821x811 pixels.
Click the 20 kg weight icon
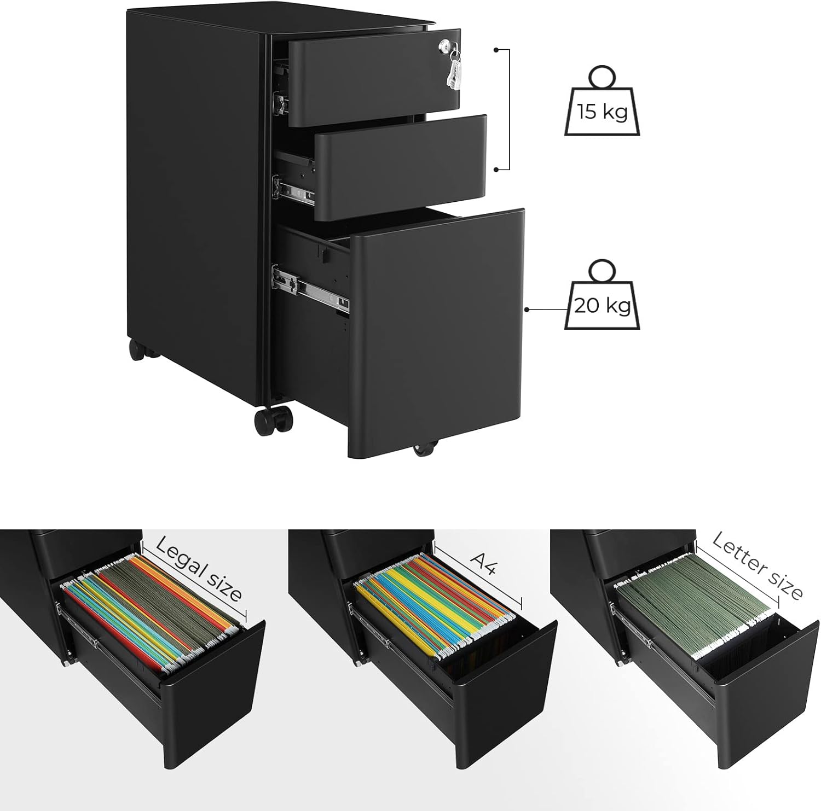[x=602, y=304]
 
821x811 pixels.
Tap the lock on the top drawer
[x=450, y=49]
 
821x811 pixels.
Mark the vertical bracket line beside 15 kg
[x=509, y=109]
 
